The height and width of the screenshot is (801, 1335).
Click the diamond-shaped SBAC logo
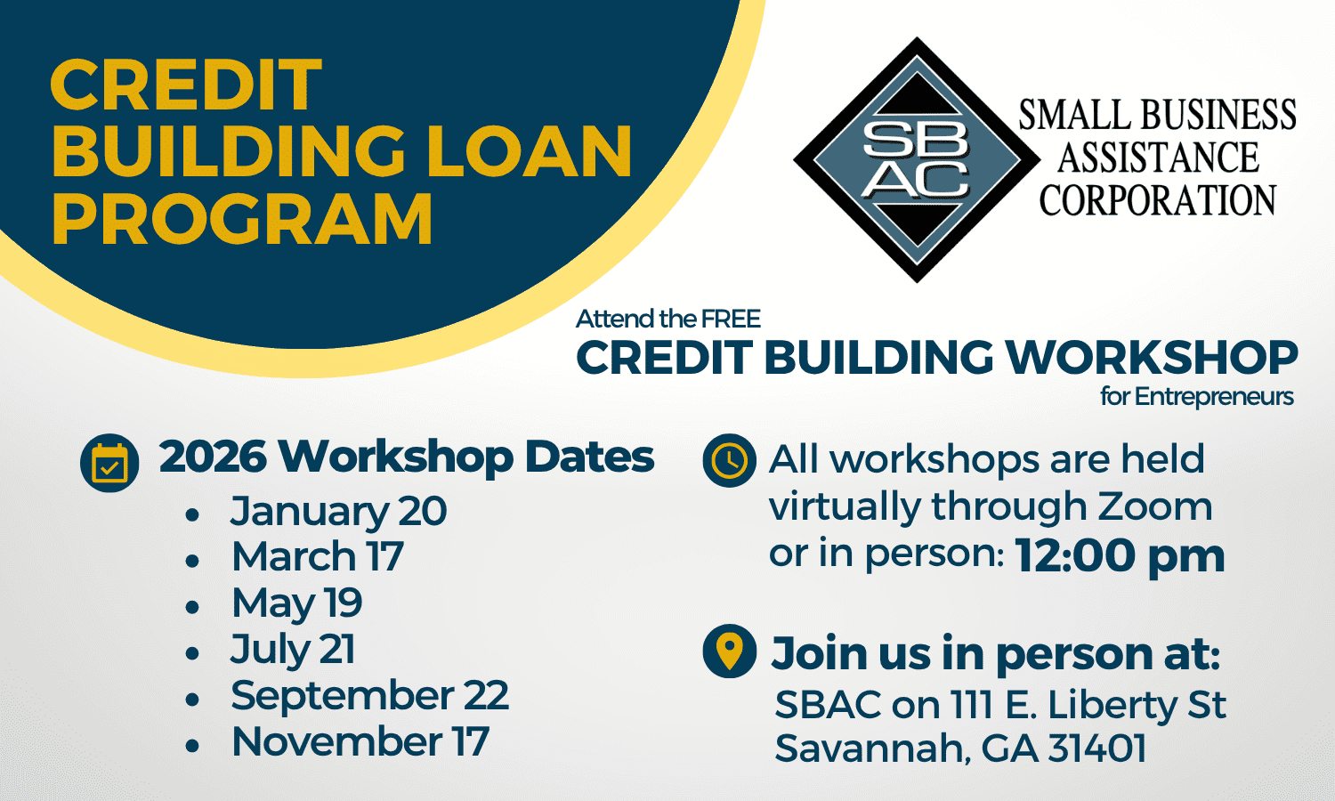pyautogui.click(x=917, y=159)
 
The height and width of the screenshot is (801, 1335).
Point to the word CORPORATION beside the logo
pyautogui.click(x=1157, y=199)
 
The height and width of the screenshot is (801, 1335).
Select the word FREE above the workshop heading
pyautogui.click(x=731, y=319)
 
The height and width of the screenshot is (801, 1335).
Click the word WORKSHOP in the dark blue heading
pyautogui.click(x=1152, y=357)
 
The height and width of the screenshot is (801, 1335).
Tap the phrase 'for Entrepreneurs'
pyautogui.click(x=1197, y=397)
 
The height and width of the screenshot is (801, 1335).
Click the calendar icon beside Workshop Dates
pyautogui.click(x=109, y=463)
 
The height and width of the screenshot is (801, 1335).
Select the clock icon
pyautogui.click(x=730, y=461)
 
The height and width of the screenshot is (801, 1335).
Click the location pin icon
pyautogui.click(x=730, y=651)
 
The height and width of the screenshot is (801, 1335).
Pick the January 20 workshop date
pyautogui.click(x=338, y=512)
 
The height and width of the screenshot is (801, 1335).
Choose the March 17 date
pyautogui.click(x=318, y=556)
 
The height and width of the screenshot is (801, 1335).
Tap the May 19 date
pyautogui.click(x=296, y=603)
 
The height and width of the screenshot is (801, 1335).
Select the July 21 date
pyautogui.click(x=293, y=649)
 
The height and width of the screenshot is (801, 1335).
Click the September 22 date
pyautogui.click(x=370, y=695)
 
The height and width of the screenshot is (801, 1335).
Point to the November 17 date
pyautogui.click(x=360, y=741)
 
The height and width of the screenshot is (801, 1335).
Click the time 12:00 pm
pyautogui.click(x=1120, y=556)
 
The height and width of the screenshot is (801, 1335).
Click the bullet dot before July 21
pyautogui.click(x=192, y=653)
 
